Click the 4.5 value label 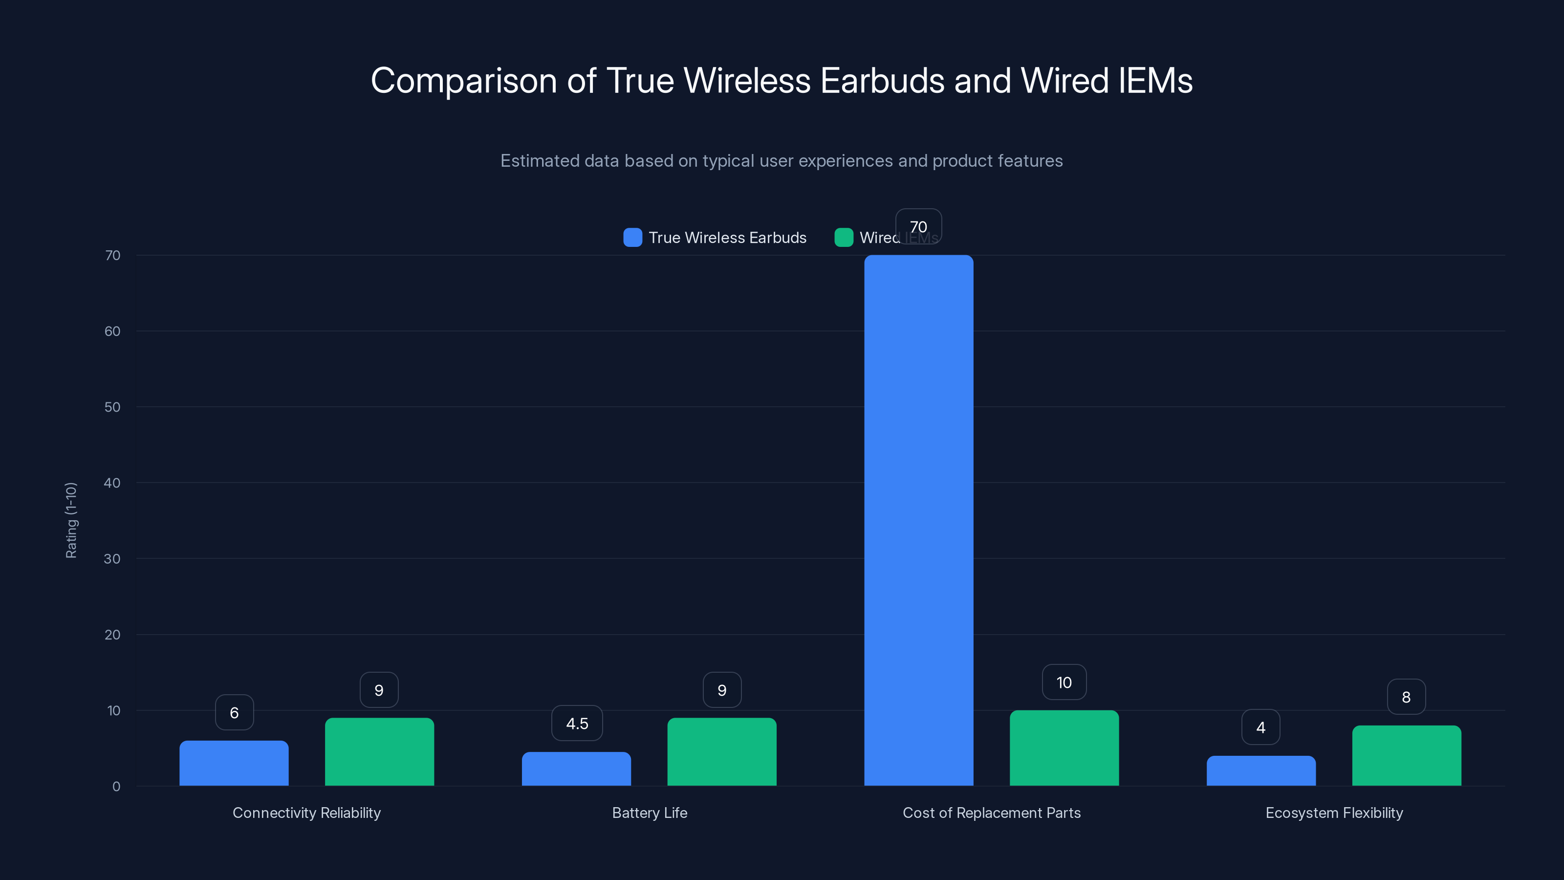tap(577, 724)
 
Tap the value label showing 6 tap(235, 712)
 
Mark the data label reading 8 tap(1406, 697)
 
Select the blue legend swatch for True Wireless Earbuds tap(632, 238)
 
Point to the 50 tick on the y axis tap(112, 407)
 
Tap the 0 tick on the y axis tap(116, 787)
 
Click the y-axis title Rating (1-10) tap(71, 521)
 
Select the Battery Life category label tap(650, 813)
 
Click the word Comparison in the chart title tap(464, 81)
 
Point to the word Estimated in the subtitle tap(540, 161)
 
